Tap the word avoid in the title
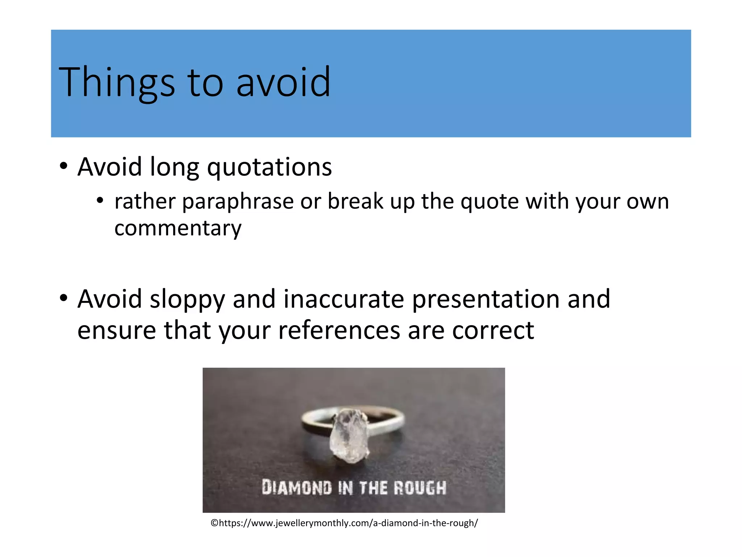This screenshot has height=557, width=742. point(283,83)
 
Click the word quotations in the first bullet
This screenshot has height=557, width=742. point(269,168)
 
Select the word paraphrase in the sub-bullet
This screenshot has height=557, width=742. point(238,202)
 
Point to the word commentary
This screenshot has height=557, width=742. point(178,228)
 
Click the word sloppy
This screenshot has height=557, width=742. point(187,300)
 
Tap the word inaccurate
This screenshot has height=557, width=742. point(343,300)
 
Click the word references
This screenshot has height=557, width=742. point(339,330)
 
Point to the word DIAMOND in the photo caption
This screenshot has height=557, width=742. point(297,488)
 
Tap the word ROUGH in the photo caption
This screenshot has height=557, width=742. point(420,488)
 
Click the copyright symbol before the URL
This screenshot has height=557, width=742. point(214,523)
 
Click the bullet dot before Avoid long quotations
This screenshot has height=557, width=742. point(64,167)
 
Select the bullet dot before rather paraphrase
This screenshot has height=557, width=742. point(100,201)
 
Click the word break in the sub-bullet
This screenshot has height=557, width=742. point(355,202)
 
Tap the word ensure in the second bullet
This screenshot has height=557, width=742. point(116,330)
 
